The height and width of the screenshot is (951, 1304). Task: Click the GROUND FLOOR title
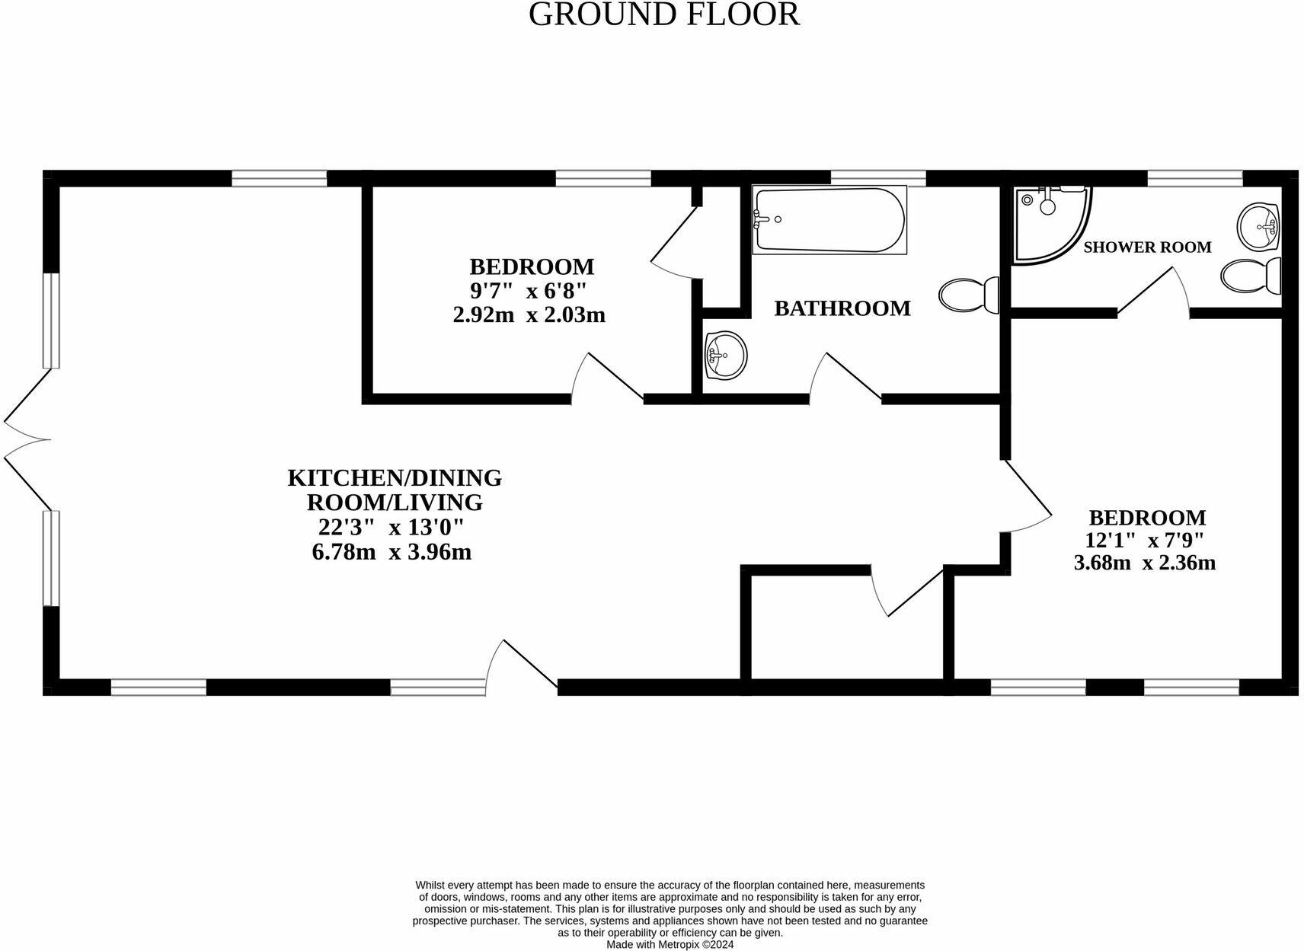663,14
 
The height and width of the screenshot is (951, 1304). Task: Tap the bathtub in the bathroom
829,220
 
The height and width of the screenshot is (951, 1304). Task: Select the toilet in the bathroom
970,294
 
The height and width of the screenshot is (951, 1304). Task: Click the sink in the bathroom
724,355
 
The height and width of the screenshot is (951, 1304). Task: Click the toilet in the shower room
1251,275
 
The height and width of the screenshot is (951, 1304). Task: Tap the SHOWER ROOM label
1146,247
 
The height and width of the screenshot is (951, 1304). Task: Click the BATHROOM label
842,308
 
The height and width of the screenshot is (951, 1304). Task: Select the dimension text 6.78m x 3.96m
392,552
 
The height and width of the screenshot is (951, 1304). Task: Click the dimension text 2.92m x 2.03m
529,314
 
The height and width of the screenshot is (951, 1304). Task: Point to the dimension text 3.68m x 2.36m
1144,563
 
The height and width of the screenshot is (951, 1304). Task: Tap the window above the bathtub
877,178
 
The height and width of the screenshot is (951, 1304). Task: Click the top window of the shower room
1194,178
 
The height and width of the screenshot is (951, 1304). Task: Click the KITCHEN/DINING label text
395,478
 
